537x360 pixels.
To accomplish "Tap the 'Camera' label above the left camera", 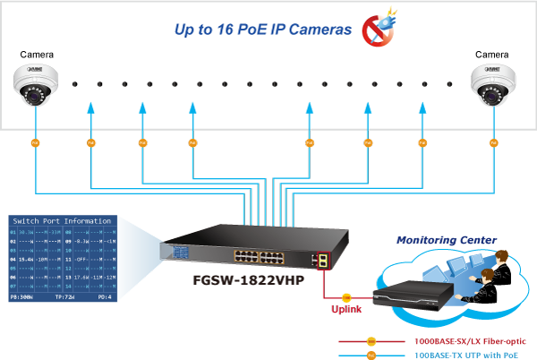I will [x=38, y=55].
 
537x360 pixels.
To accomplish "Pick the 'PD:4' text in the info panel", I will [x=106, y=294].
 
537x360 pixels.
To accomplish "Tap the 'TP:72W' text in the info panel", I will [x=65, y=294].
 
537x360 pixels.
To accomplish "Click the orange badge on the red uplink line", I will [x=345, y=296].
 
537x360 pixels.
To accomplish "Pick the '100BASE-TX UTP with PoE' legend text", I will [x=465, y=355].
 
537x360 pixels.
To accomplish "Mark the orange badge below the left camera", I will [x=36, y=142].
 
